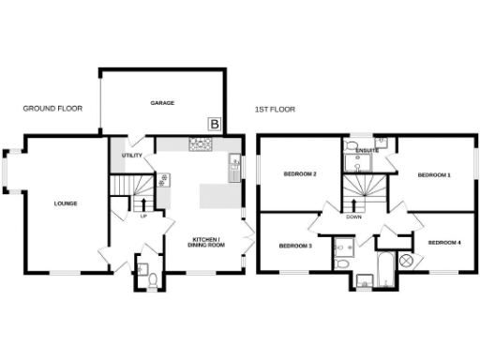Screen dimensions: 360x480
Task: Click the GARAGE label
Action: [163, 103]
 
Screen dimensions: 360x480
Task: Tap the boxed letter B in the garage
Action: [215, 124]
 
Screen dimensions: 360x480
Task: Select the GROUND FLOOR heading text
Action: [52, 109]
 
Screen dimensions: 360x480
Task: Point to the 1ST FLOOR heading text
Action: [275, 110]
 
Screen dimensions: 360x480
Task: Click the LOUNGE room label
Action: [65, 203]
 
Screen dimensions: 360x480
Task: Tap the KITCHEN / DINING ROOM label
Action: [206, 244]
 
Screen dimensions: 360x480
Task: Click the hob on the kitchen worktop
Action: [201, 144]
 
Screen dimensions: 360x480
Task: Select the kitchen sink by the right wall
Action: [233, 171]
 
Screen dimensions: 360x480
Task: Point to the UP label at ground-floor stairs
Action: [143, 217]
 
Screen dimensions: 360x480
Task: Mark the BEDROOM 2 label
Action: [300, 174]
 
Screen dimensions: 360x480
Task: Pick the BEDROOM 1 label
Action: [433, 175]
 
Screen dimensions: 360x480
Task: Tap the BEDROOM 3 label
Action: [294, 246]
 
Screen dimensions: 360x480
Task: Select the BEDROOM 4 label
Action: [444, 244]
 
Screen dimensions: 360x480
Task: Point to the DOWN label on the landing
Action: [353, 217]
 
